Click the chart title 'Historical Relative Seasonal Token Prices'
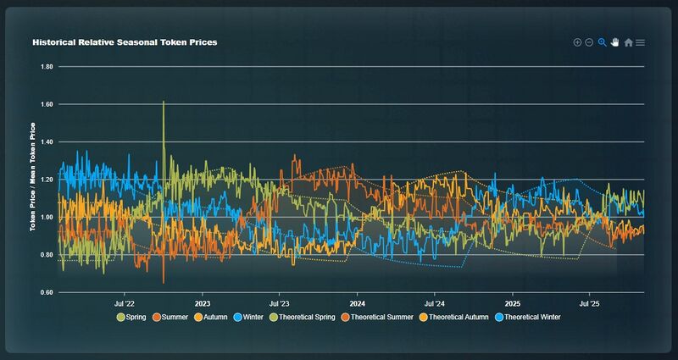tap(125, 42)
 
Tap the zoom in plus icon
tap(577, 42)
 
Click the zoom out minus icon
tap(589, 42)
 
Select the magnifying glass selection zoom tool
tap(603, 42)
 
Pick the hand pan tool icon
tap(615, 42)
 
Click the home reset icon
tap(628, 42)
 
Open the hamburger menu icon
tap(641, 42)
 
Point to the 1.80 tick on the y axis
tap(46, 66)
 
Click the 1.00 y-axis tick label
tap(46, 217)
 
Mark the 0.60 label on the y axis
tap(46, 292)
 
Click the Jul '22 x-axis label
tap(125, 302)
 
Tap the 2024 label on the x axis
tap(357, 302)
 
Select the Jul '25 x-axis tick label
tap(590, 302)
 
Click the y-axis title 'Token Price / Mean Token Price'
tap(33, 176)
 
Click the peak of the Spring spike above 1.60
tap(163, 102)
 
